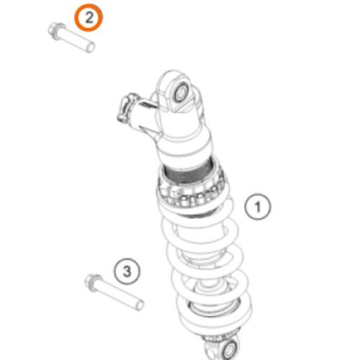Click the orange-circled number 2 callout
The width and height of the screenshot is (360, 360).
89,17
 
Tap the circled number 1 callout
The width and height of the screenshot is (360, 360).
258,207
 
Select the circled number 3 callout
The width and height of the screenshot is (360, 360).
127,271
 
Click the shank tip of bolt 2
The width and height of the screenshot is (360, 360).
91,47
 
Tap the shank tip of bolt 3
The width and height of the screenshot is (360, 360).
140,305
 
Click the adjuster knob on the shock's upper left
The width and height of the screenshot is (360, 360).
125,109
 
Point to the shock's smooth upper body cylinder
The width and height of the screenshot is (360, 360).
185,142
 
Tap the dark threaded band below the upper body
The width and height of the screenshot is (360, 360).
189,171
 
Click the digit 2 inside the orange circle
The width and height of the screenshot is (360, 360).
89,17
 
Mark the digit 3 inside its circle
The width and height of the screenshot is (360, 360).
127,271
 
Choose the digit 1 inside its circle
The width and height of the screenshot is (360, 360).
258,207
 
